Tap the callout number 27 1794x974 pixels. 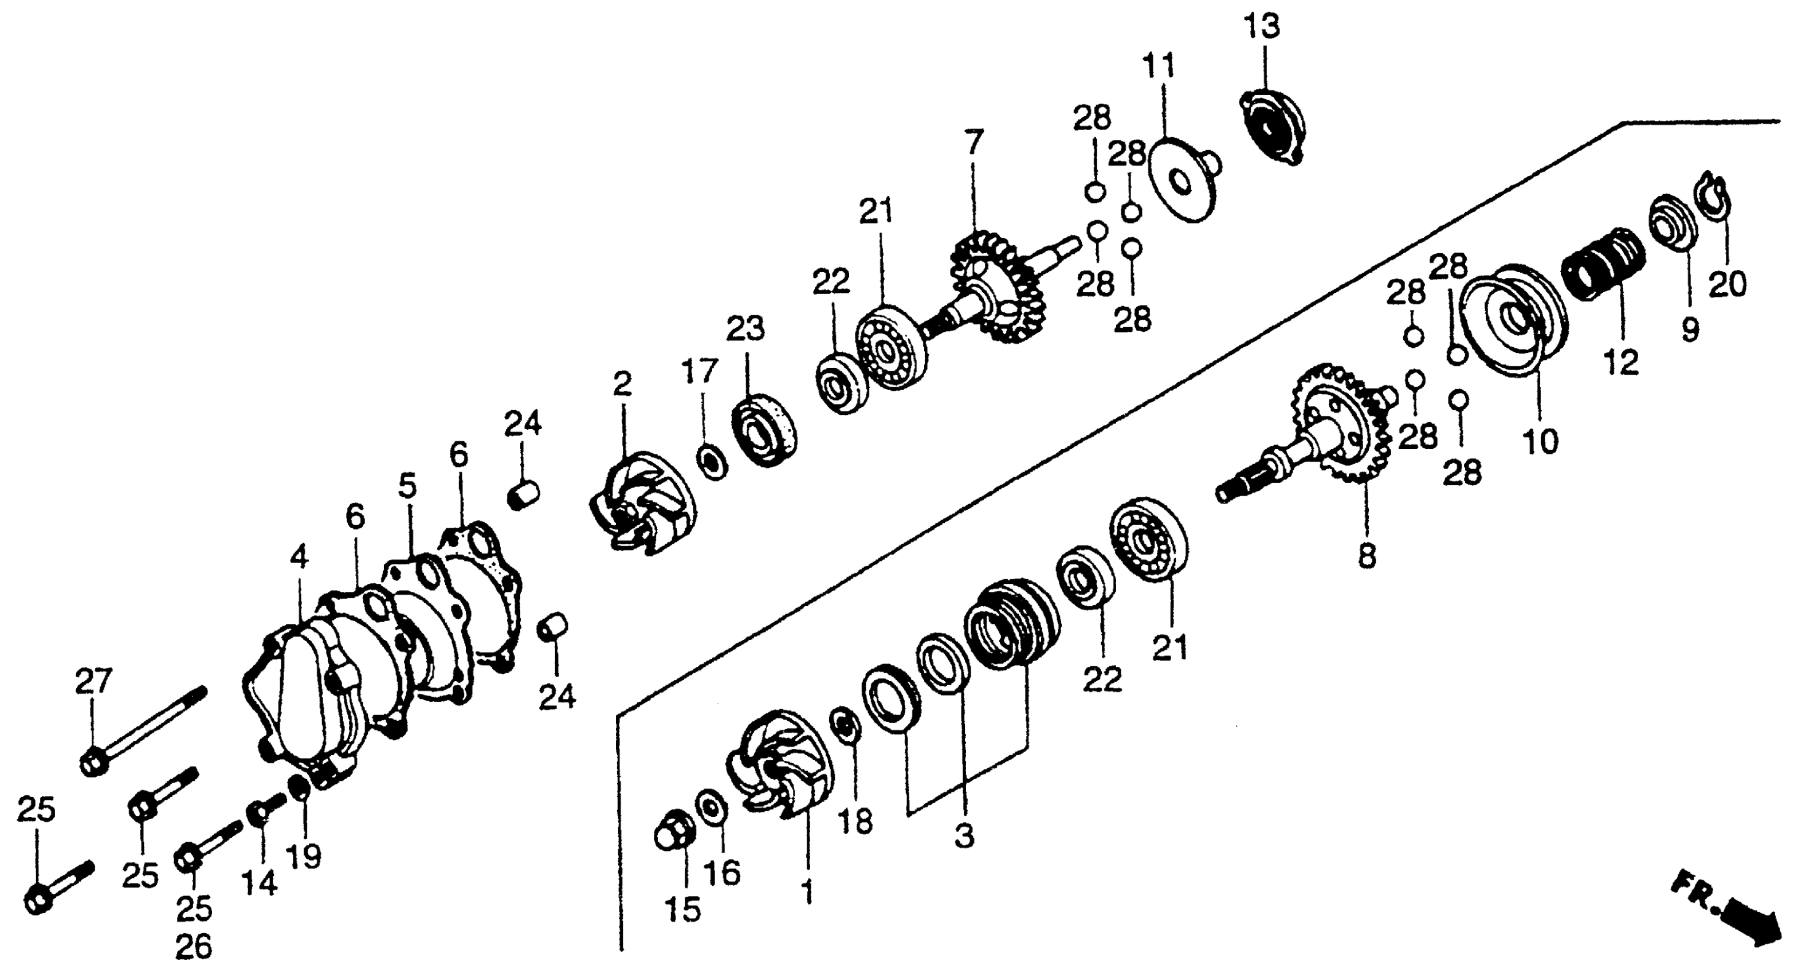pyautogui.click(x=93, y=681)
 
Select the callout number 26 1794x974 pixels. pyautogui.click(x=193, y=947)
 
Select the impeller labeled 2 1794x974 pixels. pyautogui.click(x=641, y=501)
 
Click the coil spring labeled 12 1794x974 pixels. pyautogui.click(x=1604, y=265)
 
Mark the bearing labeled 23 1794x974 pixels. pyautogui.click(x=764, y=430)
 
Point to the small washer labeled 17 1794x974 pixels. pyautogui.click(x=711, y=462)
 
